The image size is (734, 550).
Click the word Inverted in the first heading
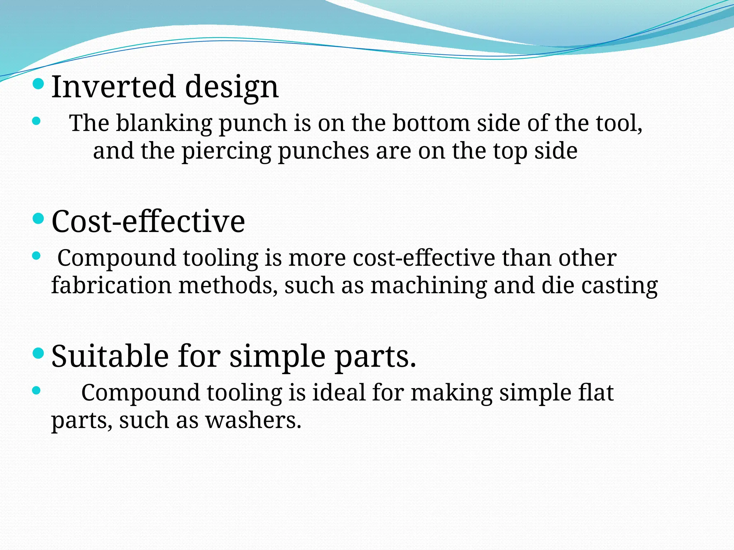(x=113, y=87)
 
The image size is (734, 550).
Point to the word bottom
(x=431, y=123)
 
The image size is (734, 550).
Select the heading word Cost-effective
(x=148, y=221)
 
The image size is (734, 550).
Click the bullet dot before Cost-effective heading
(x=38, y=218)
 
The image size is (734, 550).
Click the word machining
(x=429, y=286)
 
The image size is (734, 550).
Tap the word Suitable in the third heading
(x=110, y=356)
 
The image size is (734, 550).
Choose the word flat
(x=596, y=392)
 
